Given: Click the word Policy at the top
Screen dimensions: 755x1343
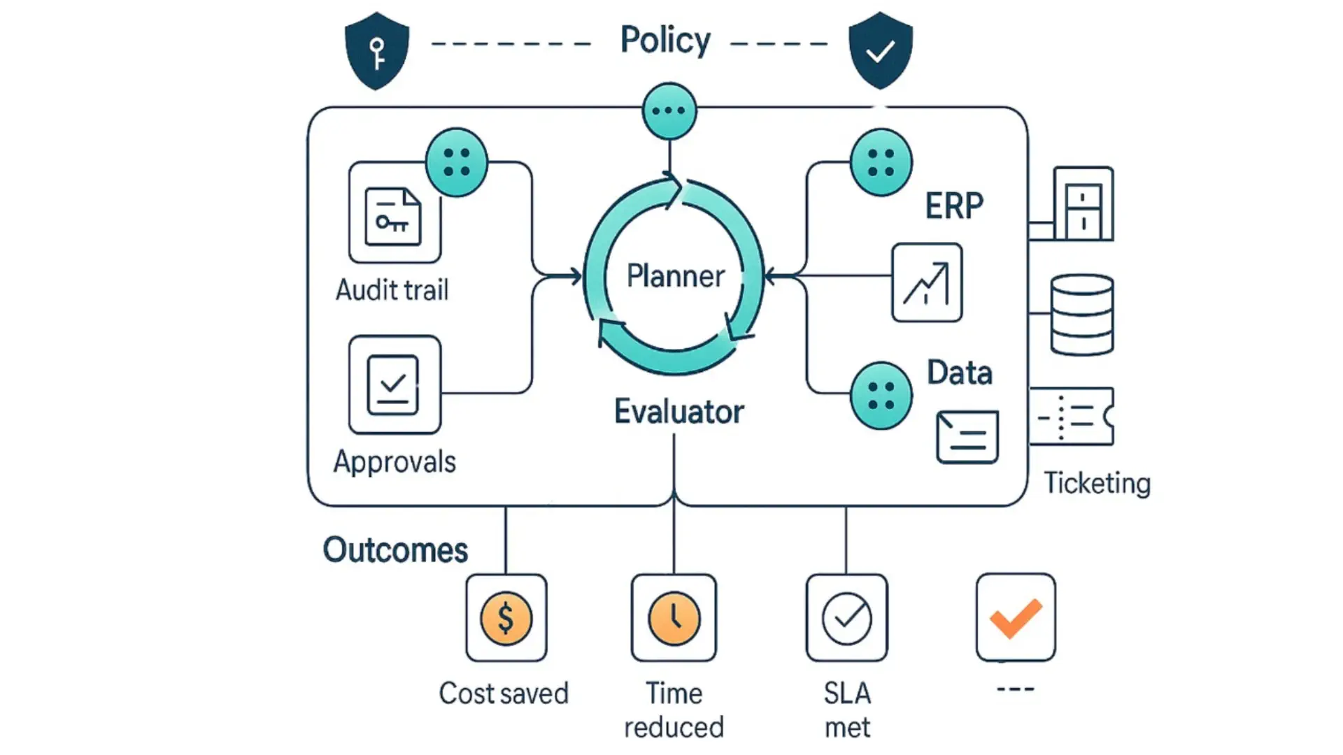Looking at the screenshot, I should click(x=665, y=41).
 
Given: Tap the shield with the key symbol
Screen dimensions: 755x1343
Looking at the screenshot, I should click(x=377, y=51).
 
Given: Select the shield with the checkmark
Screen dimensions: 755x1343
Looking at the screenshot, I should click(x=880, y=51).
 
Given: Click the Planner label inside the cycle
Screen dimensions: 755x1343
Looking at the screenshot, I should click(x=675, y=276).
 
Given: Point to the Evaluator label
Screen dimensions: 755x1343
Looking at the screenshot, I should click(x=678, y=412).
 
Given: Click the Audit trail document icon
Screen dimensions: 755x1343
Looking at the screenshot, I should click(x=394, y=217).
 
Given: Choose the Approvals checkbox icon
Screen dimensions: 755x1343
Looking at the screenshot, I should click(x=394, y=384).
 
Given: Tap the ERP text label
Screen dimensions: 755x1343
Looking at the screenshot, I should click(x=954, y=206).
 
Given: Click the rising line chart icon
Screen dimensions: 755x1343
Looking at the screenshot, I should click(x=927, y=282).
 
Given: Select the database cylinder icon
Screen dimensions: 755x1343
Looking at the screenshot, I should click(x=1082, y=315).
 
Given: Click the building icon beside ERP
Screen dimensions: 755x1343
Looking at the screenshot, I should click(x=1083, y=203).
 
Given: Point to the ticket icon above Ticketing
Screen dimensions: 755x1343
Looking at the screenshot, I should click(x=1072, y=417).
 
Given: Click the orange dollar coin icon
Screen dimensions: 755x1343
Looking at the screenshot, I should click(x=506, y=619).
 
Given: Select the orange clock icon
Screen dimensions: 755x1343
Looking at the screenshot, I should click(x=674, y=619).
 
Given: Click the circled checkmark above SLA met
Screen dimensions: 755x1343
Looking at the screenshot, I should click(x=846, y=619).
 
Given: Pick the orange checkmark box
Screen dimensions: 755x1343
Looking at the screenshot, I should click(x=1016, y=617).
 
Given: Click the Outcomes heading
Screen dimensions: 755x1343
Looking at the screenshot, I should click(x=395, y=550).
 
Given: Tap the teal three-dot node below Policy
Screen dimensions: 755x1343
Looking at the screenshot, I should click(x=669, y=110).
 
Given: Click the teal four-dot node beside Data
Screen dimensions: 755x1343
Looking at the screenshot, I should click(x=881, y=396).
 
